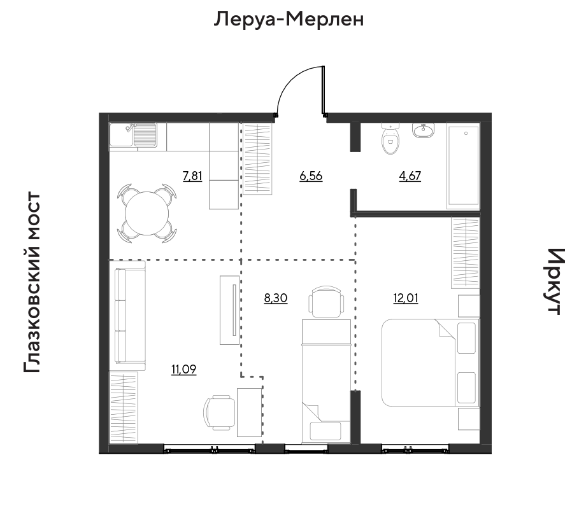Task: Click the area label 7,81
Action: pyautogui.click(x=192, y=176)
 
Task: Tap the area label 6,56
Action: pyautogui.click(x=311, y=176)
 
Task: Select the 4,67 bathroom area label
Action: pyautogui.click(x=410, y=176)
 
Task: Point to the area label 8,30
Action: pyautogui.click(x=276, y=298)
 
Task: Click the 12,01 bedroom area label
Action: pyautogui.click(x=406, y=298)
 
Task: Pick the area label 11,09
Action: pyautogui.click(x=184, y=370)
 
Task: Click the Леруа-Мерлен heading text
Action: pyautogui.click(x=289, y=19)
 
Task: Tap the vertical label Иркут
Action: pyautogui.click(x=555, y=282)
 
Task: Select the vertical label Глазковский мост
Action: pyautogui.click(x=31, y=282)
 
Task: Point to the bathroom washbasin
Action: pyautogui.click(x=424, y=130)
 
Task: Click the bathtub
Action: pyautogui.click(x=463, y=166)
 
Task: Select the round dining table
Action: pyautogui.click(x=147, y=213)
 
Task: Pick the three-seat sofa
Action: pyautogui.click(x=127, y=316)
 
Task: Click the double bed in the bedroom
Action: pyautogui.click(x=430, y=362)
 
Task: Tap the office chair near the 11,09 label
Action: pyautogui.click(x=220, y=413)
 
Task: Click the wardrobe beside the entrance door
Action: pyautogui.click(x=257, y=158)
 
